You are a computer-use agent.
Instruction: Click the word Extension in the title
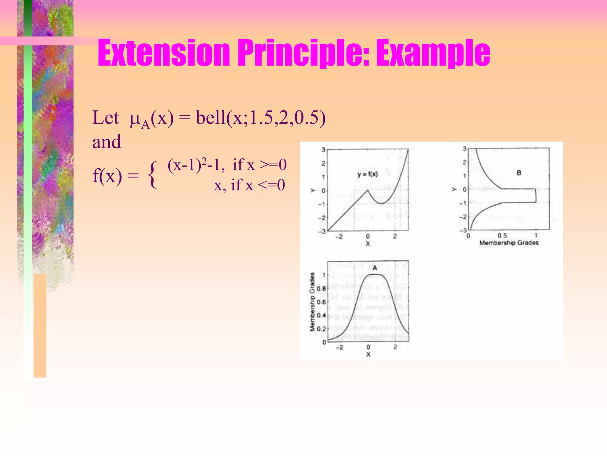pos(164,53)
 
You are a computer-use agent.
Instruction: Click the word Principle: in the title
pos(303,53)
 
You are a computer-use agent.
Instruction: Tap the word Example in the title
pos(433,53)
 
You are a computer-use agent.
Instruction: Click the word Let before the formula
pos(106,118)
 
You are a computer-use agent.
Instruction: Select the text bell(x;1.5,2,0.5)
pos(261,118)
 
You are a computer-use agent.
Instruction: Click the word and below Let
pos(107,142)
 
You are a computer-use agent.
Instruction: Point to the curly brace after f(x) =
pos(152,175)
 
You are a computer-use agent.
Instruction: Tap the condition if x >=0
pos(260,165)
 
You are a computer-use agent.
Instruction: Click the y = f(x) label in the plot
pos(368,174)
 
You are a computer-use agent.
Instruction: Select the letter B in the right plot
pos(519,173)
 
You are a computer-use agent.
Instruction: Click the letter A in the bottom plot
pos(375,268)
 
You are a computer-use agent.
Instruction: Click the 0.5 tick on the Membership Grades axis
pos(502,235)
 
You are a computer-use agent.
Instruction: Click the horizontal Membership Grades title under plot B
pos(509,243)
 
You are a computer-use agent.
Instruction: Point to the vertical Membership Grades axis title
pos(312,301)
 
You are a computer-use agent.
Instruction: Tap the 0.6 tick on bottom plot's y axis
pos(321,302)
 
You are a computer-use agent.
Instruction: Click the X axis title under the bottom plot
pos(368,354)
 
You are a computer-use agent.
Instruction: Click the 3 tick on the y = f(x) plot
pos(323,150)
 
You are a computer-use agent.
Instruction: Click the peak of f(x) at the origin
pos(368,190)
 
